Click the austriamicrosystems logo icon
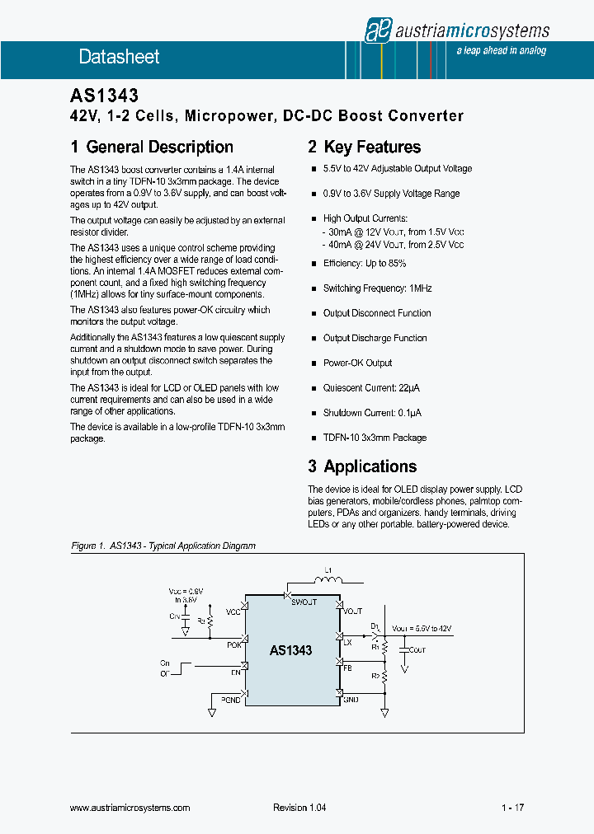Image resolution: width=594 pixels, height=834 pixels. point(378,30)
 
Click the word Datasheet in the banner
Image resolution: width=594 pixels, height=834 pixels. point(119,57)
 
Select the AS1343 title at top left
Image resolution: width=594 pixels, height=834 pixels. point(104,96)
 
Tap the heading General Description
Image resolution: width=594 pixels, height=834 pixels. point(152,148)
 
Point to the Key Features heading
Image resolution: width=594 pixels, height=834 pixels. point(364,148)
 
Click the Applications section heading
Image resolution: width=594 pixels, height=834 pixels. point(362,466)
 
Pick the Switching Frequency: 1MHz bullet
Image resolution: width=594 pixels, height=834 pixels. point(377,288)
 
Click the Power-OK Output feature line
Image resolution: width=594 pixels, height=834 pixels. point(357,363)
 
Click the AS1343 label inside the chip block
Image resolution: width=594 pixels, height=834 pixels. point(290,650)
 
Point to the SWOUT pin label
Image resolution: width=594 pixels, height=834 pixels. point(304,602)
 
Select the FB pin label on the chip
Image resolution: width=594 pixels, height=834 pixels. point(347,668)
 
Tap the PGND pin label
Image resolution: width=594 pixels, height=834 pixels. point(230,699)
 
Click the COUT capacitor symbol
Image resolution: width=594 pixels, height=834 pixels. point(404,649)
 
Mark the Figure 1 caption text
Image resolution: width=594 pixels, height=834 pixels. point(163,546)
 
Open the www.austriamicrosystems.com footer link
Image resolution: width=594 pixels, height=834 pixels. point(130,808)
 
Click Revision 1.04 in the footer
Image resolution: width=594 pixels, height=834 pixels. point(299,808)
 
